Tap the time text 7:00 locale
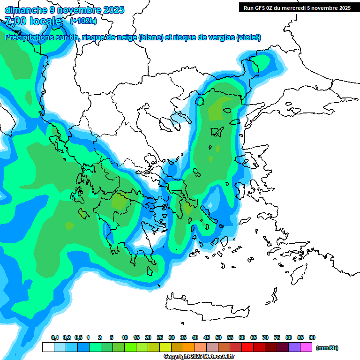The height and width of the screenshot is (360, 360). pyautogui.click(x=33, y=21)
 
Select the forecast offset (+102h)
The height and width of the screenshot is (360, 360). pyautogui.click(x=83, y=21)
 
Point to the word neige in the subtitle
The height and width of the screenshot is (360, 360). pyautogui.click(x=127, y=37)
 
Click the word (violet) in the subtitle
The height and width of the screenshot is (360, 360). pyautogui.click(x=248, y=37)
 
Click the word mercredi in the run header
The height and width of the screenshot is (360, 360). pyautogui.click(x=301, y=7)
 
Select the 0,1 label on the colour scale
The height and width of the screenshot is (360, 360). pyautogui.click(x=54, y=337)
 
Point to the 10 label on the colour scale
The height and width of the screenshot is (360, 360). pyautogui.click(x=125, y=337)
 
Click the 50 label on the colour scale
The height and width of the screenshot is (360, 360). pyautogui.click(x=218, y=337)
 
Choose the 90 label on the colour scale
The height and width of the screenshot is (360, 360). pyautogui.click(x=312, y=337)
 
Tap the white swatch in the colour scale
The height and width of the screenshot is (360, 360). pyautogui.click(x=48, y=347)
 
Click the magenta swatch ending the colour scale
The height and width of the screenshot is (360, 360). pyautogui.click(x=306, y=347)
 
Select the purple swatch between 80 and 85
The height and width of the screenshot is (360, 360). pyautogui.click(x=294, y=347)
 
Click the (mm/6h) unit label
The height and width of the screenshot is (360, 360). pyautogui.click(x=327, y=348)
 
